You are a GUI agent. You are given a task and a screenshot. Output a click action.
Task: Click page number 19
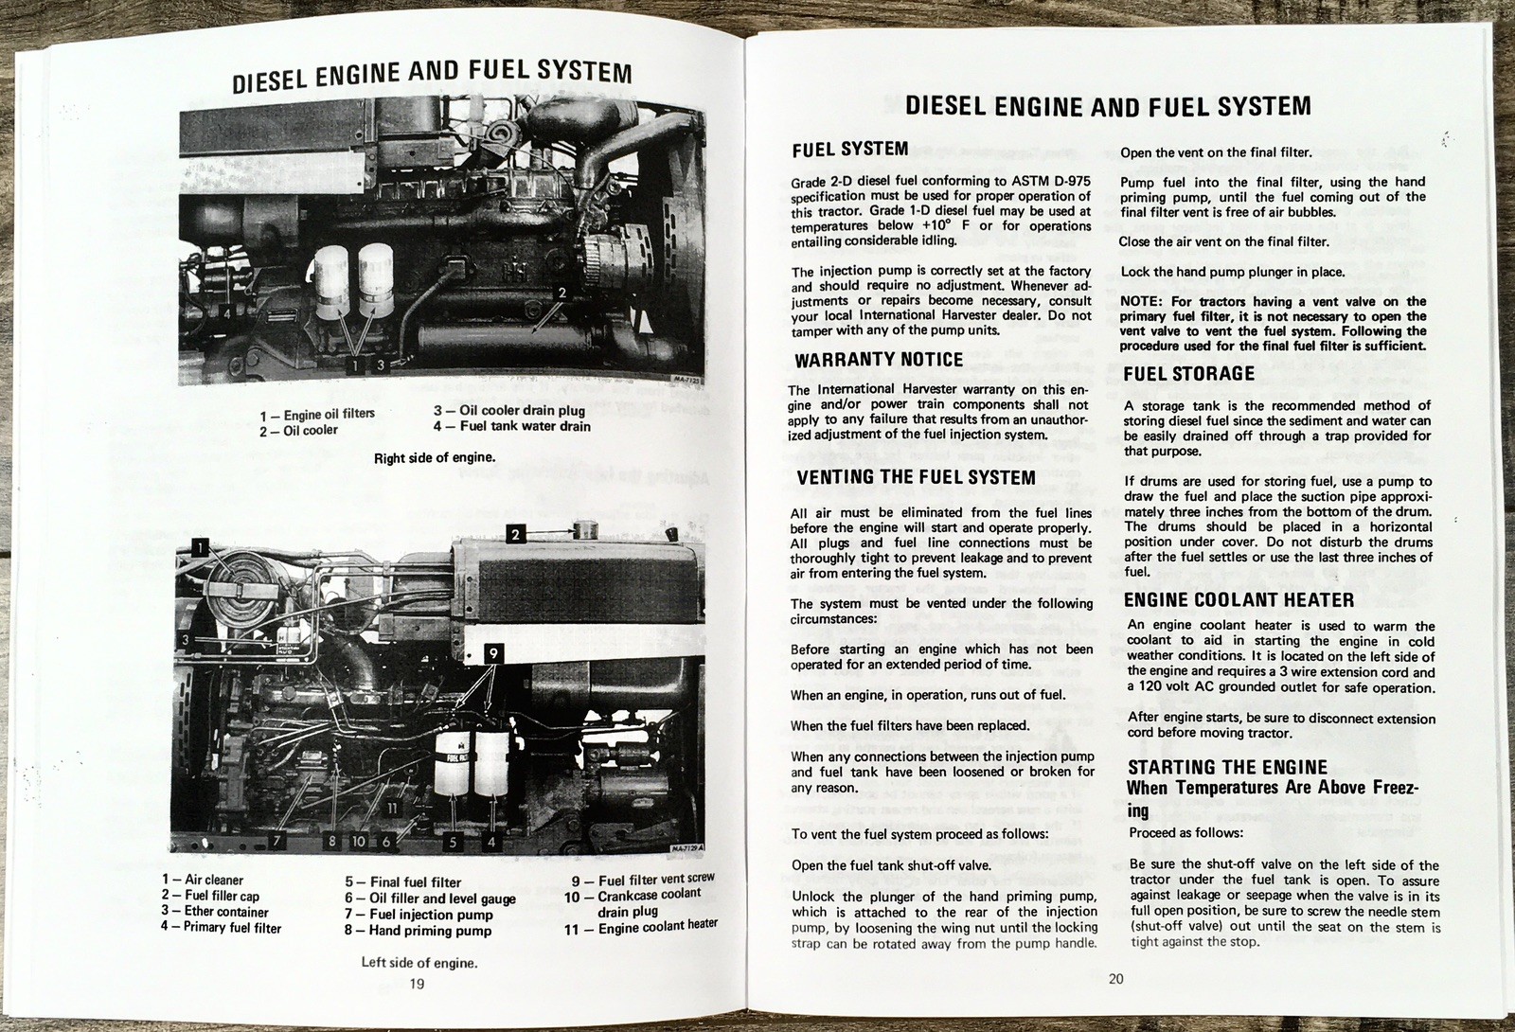pyautogui.click(x=417, y=984)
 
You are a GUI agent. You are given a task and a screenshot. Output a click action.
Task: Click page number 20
pyautogui.click(x=1115, y=979)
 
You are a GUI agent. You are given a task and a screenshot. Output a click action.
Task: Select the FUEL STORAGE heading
pyautogui.click(x=1188, y=374)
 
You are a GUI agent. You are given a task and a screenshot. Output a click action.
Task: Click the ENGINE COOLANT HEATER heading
pyautogui.click(x=1239, y=600)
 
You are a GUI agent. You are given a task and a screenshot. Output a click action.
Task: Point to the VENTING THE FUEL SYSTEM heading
pyautogui.click(x=916, y=478)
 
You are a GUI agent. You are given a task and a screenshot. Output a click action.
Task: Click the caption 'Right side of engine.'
pyautogui.click(x=435, y=458)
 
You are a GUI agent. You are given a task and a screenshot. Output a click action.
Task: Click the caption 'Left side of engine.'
pyautogui.click(x=419, y=963)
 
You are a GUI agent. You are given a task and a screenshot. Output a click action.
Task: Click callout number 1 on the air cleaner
pyautogui.click(x=200, y=545)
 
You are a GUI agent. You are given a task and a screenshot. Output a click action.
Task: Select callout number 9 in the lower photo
pyautogui.click(x=492, y=653)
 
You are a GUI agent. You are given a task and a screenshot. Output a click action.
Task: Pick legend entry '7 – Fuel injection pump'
pyautogui.click(x=419, y=915)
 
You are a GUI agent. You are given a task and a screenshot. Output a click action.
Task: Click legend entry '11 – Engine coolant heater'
pyautogui.click(x=641, y=928)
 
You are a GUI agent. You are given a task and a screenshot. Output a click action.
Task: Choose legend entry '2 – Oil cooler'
pyautogui.click(x=299, y=431)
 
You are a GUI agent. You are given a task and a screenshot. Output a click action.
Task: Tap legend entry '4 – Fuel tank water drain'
pyautogui.click(x=512, y=427)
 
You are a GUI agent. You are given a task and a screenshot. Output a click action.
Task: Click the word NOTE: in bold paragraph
pyautogui.click(x=1140, y=302)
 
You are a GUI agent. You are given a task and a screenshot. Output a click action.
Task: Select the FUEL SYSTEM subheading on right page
pyautogui.click(x=849, y=150)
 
